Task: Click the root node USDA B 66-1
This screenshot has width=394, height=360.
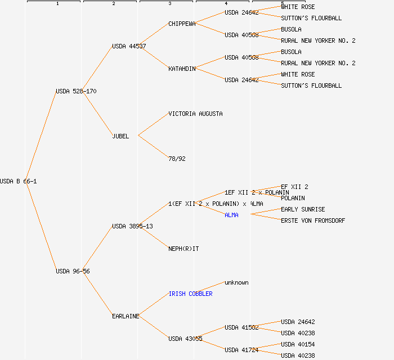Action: click(x=18, y=181)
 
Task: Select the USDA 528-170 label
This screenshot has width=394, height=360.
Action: click(x=76, y=91)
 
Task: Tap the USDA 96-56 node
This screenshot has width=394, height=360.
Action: click(x=73, y=271)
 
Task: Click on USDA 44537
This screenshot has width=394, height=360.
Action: click(x=129, y=46)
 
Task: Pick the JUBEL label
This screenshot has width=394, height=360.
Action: click(x=120, y=136)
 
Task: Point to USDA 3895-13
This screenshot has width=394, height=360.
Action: click(x=132, y=226)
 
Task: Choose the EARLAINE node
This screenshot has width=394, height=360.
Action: click(x=126, y=316)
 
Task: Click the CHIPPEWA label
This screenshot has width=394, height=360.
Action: click(x=182, y=24)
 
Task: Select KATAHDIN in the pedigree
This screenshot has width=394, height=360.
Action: click(x=182, y=69)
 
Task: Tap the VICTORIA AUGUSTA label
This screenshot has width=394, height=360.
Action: click(x=195, y=114)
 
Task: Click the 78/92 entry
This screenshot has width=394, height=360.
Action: click(x=177, y=159)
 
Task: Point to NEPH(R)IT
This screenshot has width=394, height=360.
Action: click(x=183, y=249)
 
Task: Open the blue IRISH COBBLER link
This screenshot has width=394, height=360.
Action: click(x=190, y=294)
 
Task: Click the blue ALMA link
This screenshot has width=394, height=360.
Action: click(x=231, y=215)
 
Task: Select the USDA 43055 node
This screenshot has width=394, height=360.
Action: click(x=185, y=339)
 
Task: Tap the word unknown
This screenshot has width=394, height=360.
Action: click(x=236, y=282)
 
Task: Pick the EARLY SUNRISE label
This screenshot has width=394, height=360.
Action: click(x=303, y=209)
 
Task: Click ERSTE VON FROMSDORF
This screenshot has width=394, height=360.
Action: click(x=313, y=220)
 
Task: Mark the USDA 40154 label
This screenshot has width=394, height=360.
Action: click(x=298, y=344)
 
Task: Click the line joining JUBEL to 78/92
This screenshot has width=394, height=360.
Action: click(x=153, y=147)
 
